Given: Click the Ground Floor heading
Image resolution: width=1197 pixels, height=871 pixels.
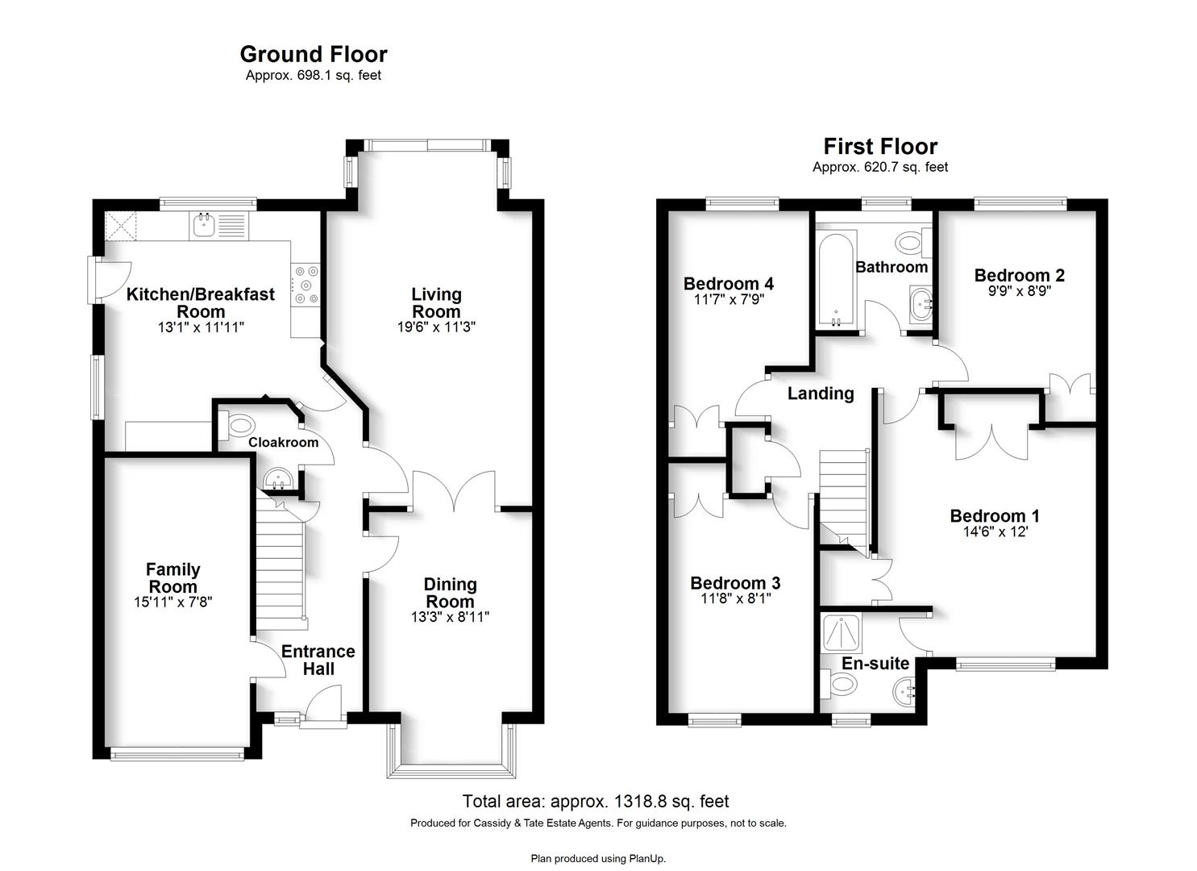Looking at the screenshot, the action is [314, 55].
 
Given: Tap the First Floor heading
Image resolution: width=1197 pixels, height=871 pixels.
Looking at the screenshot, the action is [880, 147].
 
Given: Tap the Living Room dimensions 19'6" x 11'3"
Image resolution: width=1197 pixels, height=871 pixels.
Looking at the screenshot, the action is [436, 327].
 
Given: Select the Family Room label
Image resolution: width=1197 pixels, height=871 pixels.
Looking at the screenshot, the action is [173, 577].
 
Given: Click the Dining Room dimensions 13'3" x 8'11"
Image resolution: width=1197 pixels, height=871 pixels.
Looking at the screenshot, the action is [450, 616].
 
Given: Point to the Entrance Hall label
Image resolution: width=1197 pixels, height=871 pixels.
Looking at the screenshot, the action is [318, 660].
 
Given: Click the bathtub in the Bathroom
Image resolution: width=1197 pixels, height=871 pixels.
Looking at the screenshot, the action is [837, 278].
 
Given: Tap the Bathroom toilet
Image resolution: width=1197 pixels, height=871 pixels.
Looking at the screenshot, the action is [913, 244].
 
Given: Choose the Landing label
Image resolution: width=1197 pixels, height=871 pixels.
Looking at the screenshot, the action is [821, 394].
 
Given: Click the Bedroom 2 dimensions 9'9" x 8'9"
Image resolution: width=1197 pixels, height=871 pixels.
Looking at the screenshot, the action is [1019, 291].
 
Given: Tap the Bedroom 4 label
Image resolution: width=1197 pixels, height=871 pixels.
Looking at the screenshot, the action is [729, 283].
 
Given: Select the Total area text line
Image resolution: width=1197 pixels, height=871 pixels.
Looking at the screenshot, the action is [596, 802].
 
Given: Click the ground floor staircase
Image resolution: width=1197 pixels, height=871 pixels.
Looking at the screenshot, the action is [280, 564].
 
